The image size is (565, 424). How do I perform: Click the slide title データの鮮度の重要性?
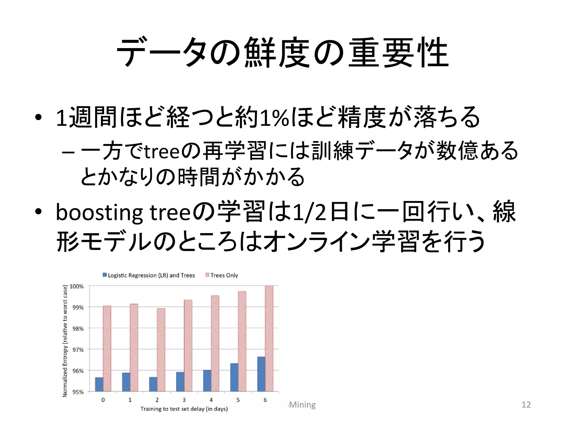282,53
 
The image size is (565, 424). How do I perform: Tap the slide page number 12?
526,405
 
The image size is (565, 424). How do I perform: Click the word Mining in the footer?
302,405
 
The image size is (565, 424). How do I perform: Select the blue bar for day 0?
99,384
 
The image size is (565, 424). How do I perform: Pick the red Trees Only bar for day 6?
269,339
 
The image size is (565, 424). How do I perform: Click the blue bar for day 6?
261,374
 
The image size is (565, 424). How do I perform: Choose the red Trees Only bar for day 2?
161,350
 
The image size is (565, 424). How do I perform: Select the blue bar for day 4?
207,381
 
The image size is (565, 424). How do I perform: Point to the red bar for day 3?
188,346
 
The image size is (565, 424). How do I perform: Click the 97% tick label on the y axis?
77,350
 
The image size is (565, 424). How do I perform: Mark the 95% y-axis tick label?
77,392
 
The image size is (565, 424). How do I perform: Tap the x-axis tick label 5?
238,400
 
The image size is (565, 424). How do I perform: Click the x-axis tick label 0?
103,400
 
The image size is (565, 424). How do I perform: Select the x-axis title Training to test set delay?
184,409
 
